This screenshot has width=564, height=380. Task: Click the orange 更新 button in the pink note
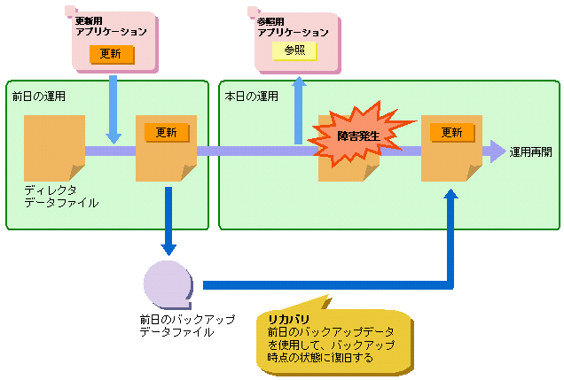(x=111, y=54)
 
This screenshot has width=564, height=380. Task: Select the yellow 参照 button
(x=294, y=51)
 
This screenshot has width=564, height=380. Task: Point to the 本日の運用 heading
(x=251, y=95)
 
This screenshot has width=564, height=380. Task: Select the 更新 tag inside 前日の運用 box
(x=166, y=132)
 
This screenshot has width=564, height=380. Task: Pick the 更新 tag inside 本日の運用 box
(x=451, y=132)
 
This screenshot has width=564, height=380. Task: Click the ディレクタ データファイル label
(x=61, y=197)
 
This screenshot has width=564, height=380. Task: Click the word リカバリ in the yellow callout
(x=288, y=317)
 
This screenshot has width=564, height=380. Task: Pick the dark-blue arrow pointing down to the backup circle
(x=168, y=221)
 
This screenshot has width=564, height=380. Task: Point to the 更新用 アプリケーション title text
(x=111, y=26)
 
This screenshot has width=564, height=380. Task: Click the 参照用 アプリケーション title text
(x=293, y=26)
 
